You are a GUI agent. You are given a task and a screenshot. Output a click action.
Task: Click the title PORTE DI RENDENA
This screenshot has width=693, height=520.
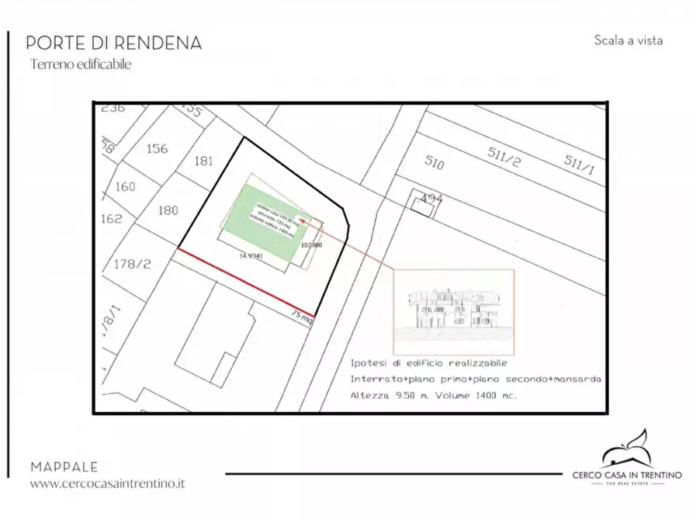pos(113,43)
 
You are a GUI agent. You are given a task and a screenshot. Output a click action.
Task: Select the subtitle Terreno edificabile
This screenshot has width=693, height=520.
pos(81,65)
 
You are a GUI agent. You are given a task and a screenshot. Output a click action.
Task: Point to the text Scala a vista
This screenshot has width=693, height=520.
pos(628,40)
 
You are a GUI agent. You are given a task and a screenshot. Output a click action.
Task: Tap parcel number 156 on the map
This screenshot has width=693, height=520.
pos(158,148)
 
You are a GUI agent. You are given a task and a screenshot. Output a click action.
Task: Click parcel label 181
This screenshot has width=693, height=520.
pos(204,161)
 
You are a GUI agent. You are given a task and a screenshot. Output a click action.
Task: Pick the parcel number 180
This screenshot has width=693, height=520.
pos(168,210)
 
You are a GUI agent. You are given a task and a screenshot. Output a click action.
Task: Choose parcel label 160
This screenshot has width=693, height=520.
pos(124,186)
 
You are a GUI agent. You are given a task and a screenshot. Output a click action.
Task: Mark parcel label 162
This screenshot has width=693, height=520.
pos(112,218)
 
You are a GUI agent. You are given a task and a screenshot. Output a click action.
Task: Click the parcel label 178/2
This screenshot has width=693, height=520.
pos(132,264)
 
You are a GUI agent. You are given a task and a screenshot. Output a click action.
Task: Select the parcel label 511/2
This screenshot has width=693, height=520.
pos(504,154)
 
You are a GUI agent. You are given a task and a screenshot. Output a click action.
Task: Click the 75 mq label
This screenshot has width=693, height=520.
pos(301,317)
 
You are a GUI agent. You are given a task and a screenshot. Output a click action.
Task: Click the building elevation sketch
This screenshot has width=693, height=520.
pos(454,308)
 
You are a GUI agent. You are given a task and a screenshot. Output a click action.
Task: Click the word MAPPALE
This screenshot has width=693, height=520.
pos(64,467)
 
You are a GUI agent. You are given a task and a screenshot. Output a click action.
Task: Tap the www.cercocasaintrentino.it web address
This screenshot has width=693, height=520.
pos(108,484)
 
